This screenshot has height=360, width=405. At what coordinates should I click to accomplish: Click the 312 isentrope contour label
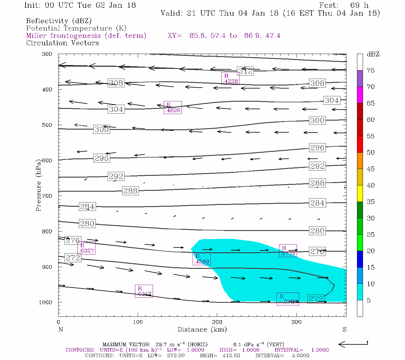tap(245, 71)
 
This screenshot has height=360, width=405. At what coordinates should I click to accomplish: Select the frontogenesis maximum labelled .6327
tap(86, 248)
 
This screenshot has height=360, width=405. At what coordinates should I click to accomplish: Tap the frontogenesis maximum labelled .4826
tap(173, 108)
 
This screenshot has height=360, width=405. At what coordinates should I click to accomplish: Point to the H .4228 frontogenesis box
tap(230, 79)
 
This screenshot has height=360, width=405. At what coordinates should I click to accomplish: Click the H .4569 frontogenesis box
tap(202, 259)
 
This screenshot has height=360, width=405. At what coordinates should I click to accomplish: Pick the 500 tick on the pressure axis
tap(47, 125)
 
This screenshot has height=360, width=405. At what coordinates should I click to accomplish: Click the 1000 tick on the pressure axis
tap(46, 302)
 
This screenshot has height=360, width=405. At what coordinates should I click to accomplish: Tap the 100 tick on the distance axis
tap(138, 322)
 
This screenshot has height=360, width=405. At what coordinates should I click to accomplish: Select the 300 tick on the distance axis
tap(296, 322)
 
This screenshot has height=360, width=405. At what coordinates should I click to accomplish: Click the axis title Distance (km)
tap(202, 329)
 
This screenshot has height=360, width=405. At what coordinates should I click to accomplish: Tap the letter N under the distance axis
tap(61, 329)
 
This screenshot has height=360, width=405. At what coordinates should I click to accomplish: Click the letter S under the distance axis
tap(344, 329)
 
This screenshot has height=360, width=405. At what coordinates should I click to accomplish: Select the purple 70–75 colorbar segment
tap(360, 79)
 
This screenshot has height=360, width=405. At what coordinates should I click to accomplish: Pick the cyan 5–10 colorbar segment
tap(360, 292)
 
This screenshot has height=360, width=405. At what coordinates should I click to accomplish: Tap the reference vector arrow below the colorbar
tap(353, 344)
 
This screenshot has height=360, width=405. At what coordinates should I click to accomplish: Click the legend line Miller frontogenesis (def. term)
tap(86, 36)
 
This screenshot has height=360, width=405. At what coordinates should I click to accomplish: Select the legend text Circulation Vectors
tap(62, 43)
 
